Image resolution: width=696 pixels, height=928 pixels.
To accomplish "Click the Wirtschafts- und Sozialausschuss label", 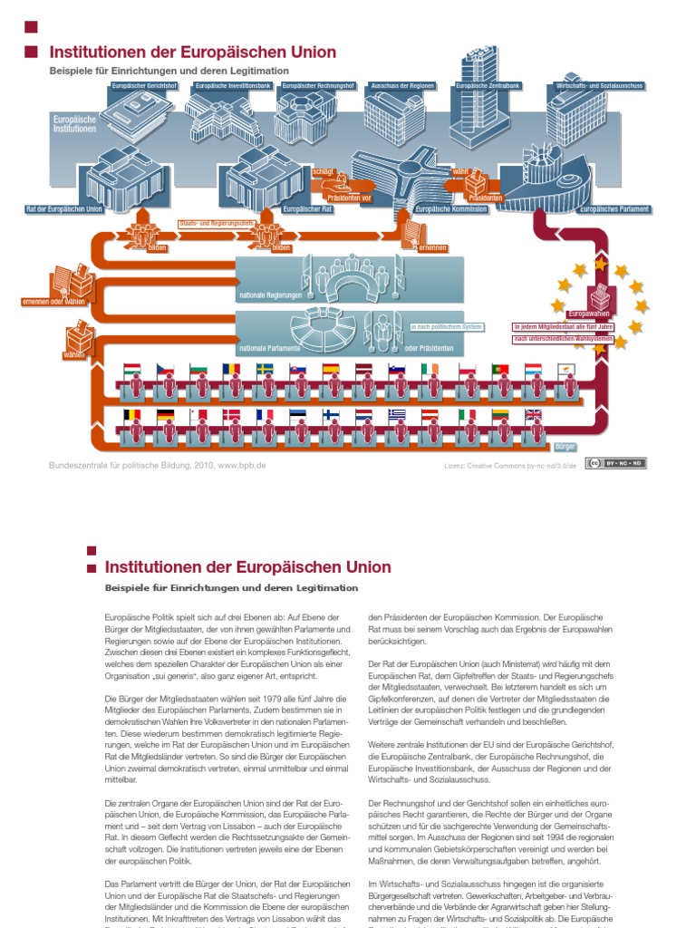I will pyautogui.click(x=595, y=86).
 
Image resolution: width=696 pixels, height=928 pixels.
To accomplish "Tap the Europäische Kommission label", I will pyautogui.click(x=450, y=209).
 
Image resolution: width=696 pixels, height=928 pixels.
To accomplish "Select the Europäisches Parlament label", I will pyautogui.click(x=614, y=209).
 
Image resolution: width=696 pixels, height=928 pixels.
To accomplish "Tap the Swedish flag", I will pyautogui.click(x=266, y=370).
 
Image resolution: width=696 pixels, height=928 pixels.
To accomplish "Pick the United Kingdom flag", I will pyautogui.click(x=533, y=415).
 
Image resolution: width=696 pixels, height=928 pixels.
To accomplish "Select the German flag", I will pyautogui.click(x=165, y=415).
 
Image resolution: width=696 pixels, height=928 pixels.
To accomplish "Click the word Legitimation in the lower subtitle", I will pyautogui.click(x=330, y=587).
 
